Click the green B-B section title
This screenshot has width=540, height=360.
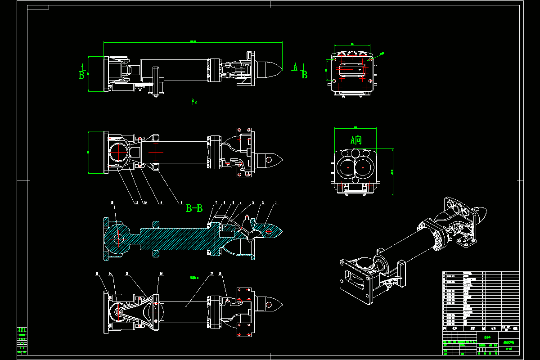(194, 208)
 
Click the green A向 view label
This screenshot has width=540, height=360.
(356, 140)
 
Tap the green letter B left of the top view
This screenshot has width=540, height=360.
(82, 75)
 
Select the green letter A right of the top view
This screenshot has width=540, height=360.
(295, 67)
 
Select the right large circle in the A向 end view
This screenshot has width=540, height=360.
(364, 167)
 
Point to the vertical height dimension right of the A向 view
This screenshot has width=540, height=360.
(393, 172)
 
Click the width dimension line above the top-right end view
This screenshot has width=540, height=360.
(351, 45)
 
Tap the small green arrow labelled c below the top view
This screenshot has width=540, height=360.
(193, 102)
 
